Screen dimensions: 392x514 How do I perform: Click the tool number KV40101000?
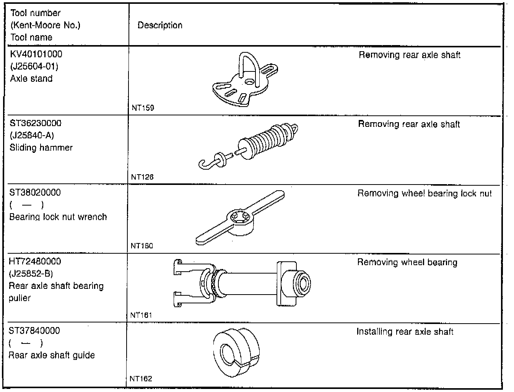coord(36,54)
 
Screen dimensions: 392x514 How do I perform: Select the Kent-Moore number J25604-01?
coord(34,66)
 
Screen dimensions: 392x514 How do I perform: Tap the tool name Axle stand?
coord(31,79)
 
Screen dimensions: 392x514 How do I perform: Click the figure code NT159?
coord(143,108)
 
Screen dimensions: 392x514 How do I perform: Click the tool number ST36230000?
coord(36,123)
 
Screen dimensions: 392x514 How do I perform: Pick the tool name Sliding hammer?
coord(41,148)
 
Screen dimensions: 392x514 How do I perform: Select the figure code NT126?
coord(142,177)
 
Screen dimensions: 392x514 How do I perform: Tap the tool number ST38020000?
coord(35,193)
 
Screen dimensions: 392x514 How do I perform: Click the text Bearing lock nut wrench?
coord(58,217)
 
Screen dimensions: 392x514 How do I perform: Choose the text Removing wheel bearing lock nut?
coord(425,194)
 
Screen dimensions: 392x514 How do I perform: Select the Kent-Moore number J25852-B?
coord(31,274)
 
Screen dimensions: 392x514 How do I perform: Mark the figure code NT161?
coord(141,316)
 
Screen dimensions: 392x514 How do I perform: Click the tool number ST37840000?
coord(34,331)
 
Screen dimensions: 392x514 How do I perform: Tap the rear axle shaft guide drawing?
coord(236,352)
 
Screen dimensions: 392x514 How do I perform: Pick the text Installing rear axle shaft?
coord(405,332)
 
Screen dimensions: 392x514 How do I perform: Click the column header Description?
coord(160,26)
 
